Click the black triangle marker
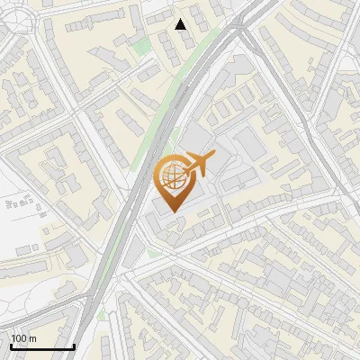[181, 24]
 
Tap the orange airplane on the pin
[198, 164]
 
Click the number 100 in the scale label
[20, 338]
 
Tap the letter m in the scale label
[33, 338]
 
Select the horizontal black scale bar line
[41, 346]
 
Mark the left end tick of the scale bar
[11, 345]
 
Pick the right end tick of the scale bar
[73, 345]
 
